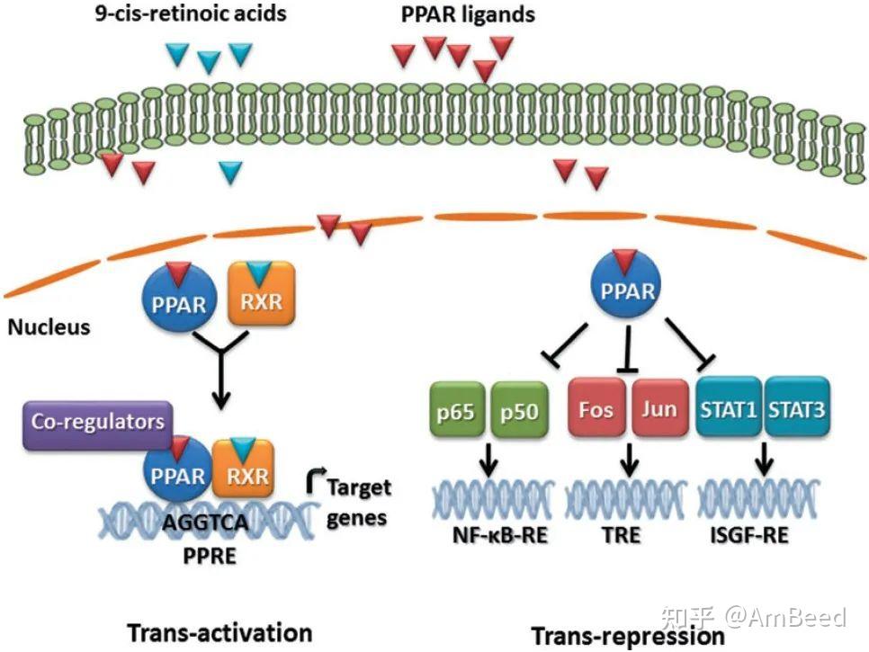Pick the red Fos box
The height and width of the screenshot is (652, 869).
596,410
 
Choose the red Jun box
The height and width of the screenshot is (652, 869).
659,410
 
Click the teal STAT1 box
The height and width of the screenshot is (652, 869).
729,410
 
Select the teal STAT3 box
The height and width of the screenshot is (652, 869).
797,410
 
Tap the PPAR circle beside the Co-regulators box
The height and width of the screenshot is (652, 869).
179,474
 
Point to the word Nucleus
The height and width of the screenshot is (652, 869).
49,326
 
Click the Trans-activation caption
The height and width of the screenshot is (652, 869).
219,631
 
